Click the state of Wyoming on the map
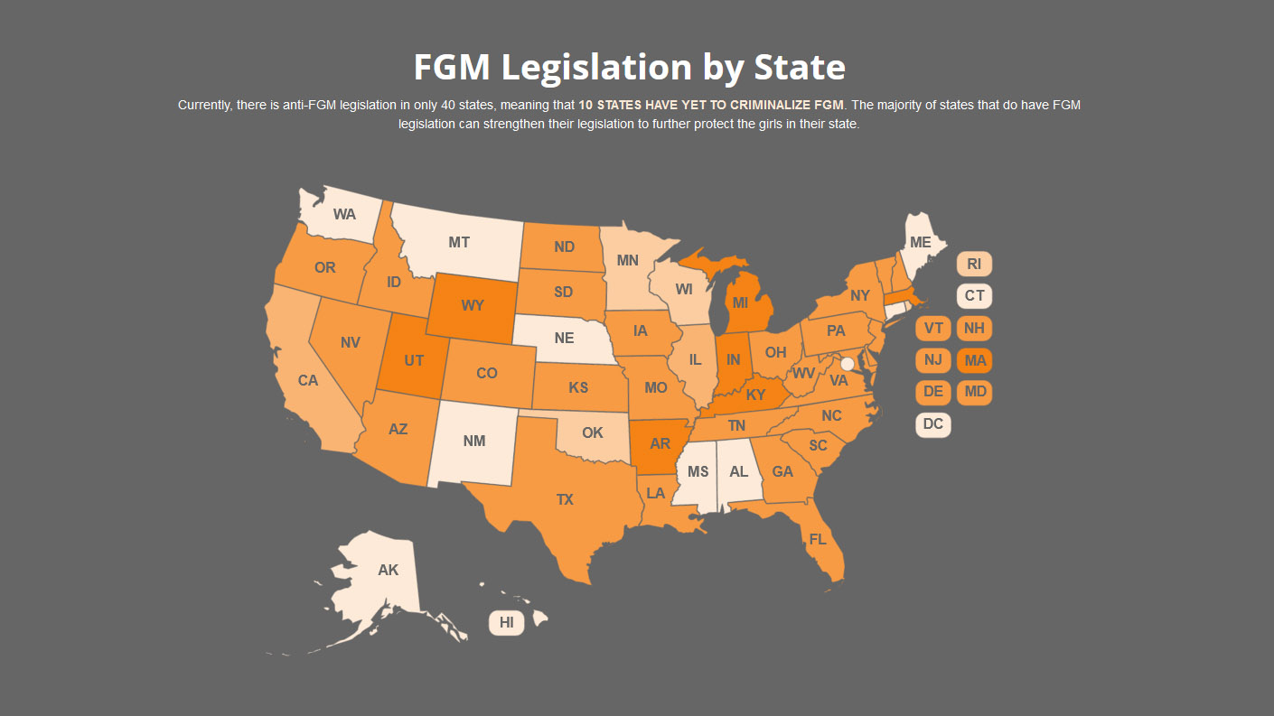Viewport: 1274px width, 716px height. click(x=472, y=305)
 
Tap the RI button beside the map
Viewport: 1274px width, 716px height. click(x=974, y=264)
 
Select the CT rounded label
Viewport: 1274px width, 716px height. click(x=974, y=295)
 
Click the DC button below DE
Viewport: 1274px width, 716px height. click(x=932, y=424)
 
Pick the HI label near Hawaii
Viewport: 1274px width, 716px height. click(x=506, y=622)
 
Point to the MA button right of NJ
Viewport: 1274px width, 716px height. click(x=974, y=360)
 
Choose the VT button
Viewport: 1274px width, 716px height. click(x=932, y=329)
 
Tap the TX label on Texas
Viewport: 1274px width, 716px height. click(x=565, y=499)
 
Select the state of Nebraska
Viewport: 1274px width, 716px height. click(x=564, y=339)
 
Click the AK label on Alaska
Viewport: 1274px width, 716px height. click(x=388, y=570)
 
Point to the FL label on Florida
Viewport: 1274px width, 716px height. click(x=818, y=539)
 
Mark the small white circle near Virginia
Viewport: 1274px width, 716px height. click(x=847, y=364)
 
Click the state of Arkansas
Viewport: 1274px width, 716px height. click(x=660, y=444)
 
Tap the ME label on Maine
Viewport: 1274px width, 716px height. click(x=920, y=242)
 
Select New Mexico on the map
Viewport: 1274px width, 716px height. click(x=473, y=441)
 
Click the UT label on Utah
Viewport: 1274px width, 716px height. click(x=414, y=360)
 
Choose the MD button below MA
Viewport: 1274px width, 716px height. click(x=974, y=392)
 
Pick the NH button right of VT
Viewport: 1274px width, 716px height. click(x=974, y=329)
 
